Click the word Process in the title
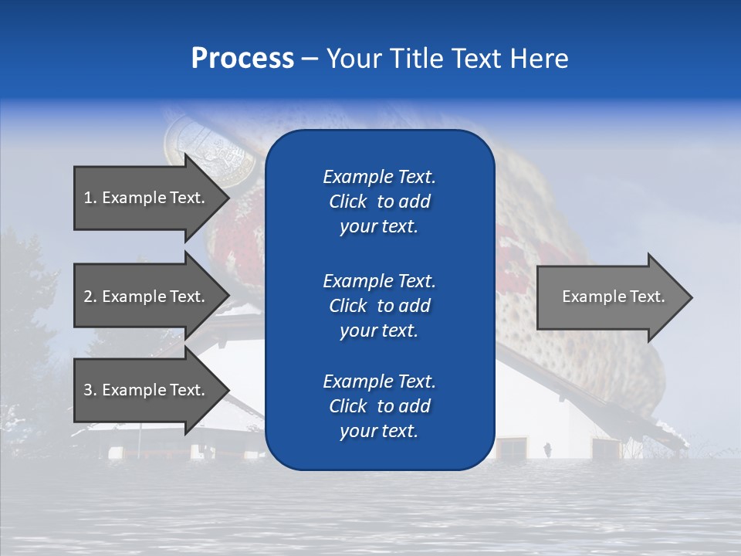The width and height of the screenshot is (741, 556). (x=242, y=59)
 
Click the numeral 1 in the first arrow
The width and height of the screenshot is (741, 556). (x=87, y=198)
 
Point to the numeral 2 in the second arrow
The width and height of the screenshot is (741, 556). (x=88, y=297)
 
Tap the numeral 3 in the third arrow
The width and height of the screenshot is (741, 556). (x=88, y=390)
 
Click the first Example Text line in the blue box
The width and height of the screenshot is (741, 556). (x=379, y=177)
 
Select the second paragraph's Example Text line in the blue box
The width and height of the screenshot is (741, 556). (x=379, y=280)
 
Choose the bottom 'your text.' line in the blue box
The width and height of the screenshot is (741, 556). (x=379, y=432)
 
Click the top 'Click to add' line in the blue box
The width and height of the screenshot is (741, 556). (x=379, y=202)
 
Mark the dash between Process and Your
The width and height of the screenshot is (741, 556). (x=310, y=59)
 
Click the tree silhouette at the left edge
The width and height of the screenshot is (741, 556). (x=23, y=309)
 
